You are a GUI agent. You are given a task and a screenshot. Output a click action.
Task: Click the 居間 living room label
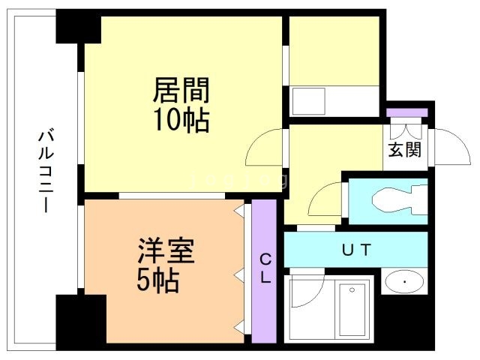coord(181,91)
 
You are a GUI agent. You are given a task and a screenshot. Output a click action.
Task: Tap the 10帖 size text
coord(181,119)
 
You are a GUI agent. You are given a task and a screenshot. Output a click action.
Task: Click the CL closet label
coord(265,268)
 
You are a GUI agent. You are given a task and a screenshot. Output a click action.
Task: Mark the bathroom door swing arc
coord(307,289)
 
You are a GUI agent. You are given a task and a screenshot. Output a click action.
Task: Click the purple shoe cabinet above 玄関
coord(406,112)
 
